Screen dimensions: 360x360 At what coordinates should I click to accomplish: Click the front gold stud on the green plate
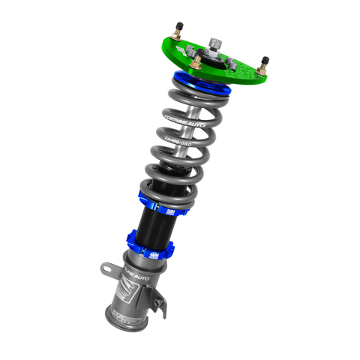[x=193, y=65]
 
